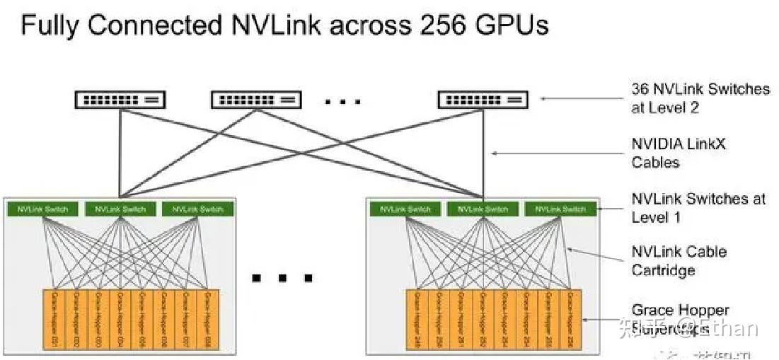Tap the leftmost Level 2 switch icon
[120, 100]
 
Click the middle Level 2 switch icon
[256, 100]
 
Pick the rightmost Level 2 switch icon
[483, 100]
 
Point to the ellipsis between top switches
[343, 102]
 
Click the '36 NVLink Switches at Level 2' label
[700, 98]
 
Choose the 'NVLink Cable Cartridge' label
[679, 261]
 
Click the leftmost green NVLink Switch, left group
[42, 209]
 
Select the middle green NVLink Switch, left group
[120, 209]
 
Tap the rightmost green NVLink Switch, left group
[197, 209]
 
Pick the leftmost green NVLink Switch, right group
[405, 209]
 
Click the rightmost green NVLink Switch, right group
[560, 209]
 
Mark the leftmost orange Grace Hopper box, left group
[54, 320]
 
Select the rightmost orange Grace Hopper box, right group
[569, 320]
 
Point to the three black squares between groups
[282, 277]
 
